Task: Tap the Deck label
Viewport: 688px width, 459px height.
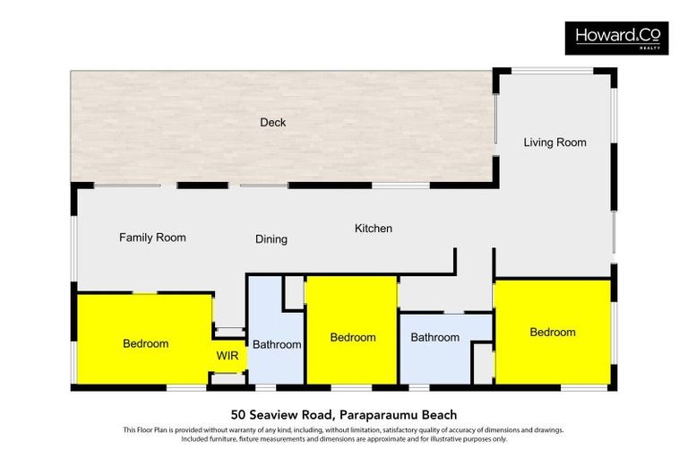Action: [272, 122]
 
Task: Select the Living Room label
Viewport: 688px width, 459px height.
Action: [555, 143]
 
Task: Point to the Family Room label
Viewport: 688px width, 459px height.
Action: [152, 238]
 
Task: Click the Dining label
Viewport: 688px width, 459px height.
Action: [271, 239]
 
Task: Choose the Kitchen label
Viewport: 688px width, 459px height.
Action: [373, 229]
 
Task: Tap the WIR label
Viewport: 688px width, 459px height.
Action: [228, 354]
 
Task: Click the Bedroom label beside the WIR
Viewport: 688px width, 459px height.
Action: [145, 343]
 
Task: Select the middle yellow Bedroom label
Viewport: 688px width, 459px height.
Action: [352, 337]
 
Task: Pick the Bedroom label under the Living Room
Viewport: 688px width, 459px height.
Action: [552, 332]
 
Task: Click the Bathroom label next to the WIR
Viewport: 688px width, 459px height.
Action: [276, 344]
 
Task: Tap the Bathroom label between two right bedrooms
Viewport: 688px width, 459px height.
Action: [434, 337]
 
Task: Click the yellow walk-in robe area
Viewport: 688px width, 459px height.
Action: [228, 364]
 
